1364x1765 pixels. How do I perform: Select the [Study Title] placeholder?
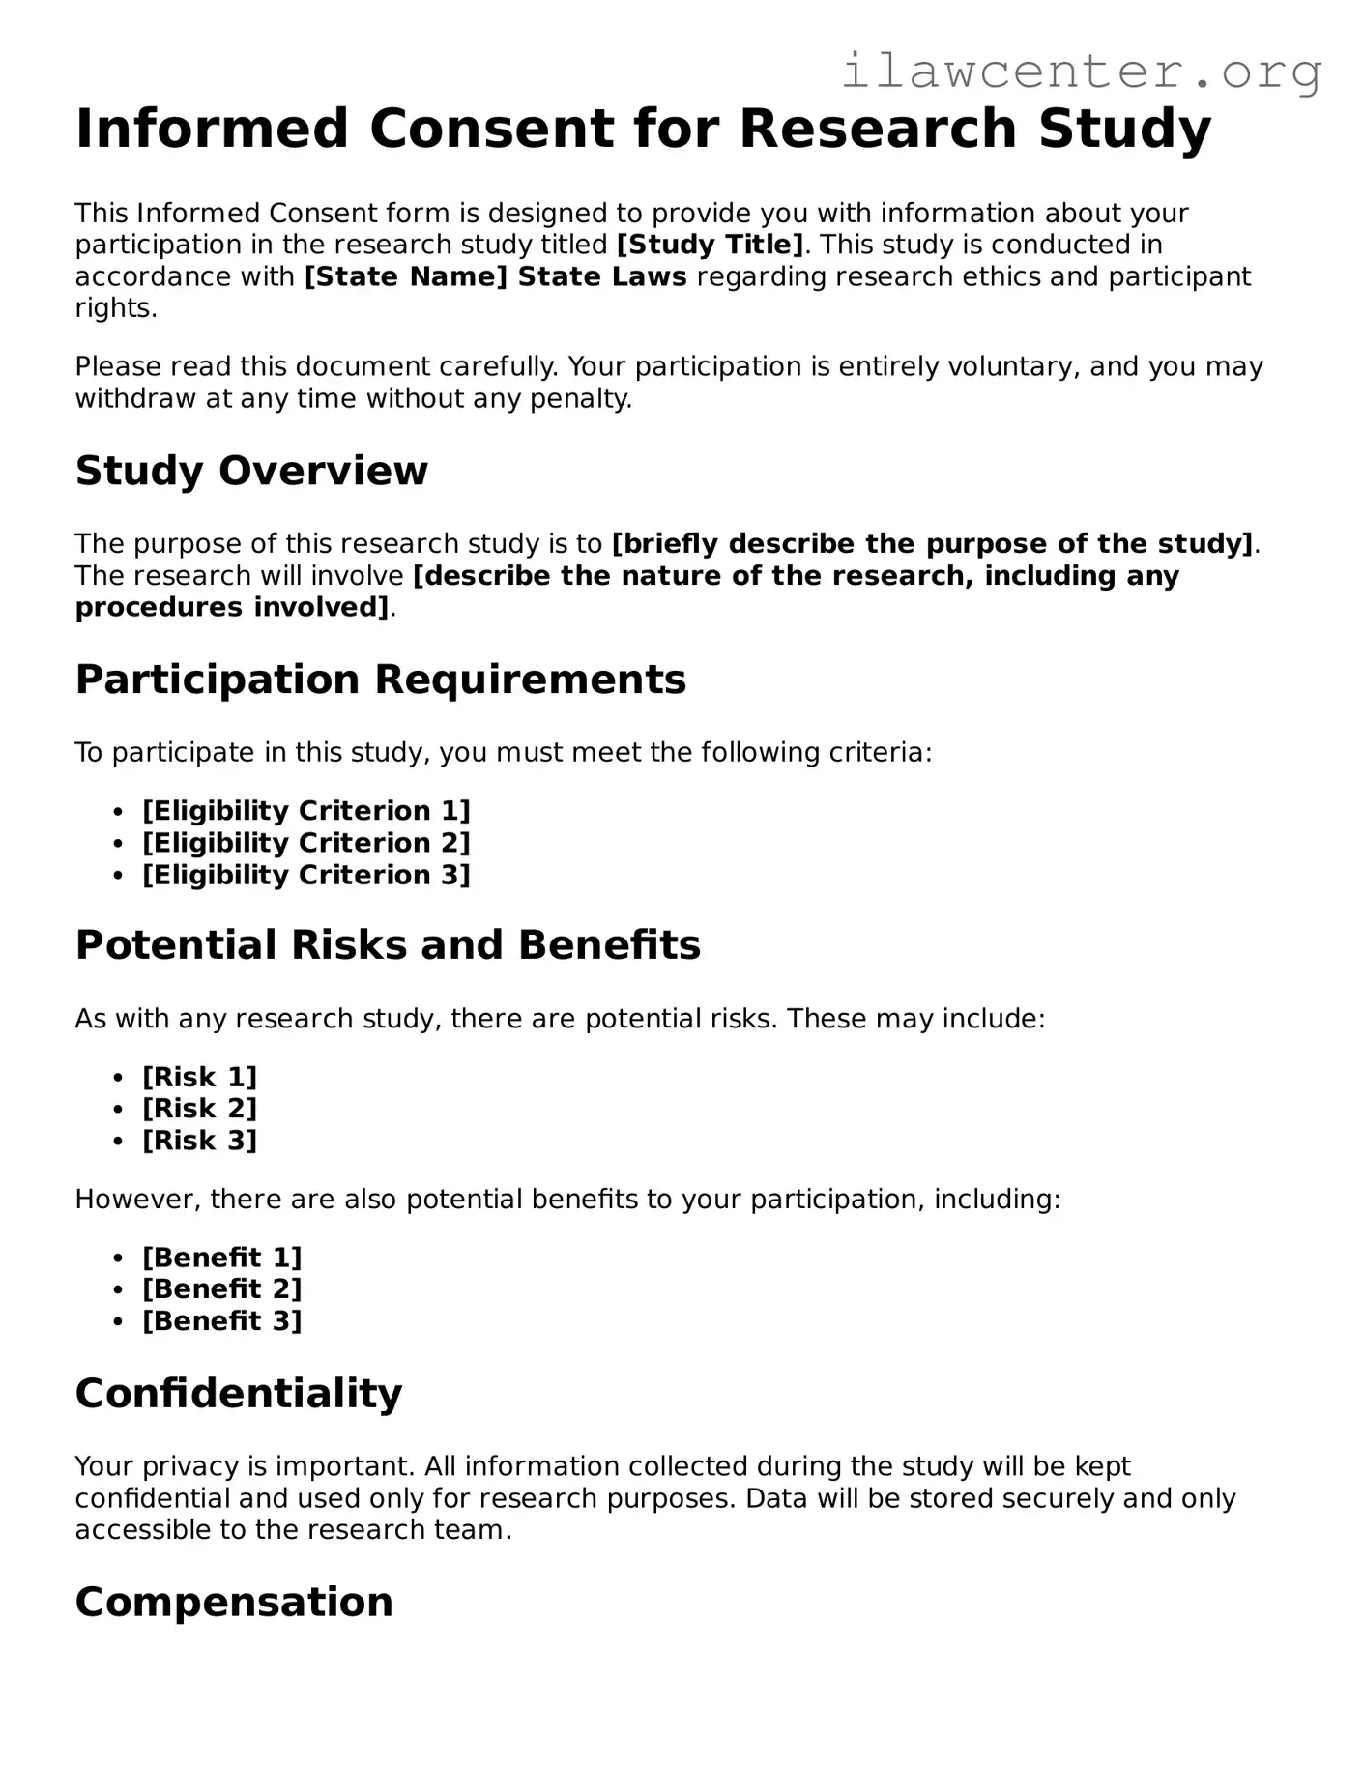710,245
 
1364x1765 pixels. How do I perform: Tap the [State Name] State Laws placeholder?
495,276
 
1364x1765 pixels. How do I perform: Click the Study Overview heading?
251,471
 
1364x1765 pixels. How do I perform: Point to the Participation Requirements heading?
380,680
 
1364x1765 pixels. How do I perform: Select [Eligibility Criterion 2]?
305,843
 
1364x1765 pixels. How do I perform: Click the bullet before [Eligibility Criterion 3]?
118,876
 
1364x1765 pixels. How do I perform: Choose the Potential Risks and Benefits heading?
388,945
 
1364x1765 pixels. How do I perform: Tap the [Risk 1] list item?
199,1077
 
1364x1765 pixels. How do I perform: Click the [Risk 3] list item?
199,1141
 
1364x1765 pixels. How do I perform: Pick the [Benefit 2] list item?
221,1289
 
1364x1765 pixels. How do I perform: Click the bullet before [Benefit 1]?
118,1259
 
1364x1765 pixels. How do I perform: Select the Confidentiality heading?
238,1394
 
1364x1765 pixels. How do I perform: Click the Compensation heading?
234,1603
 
